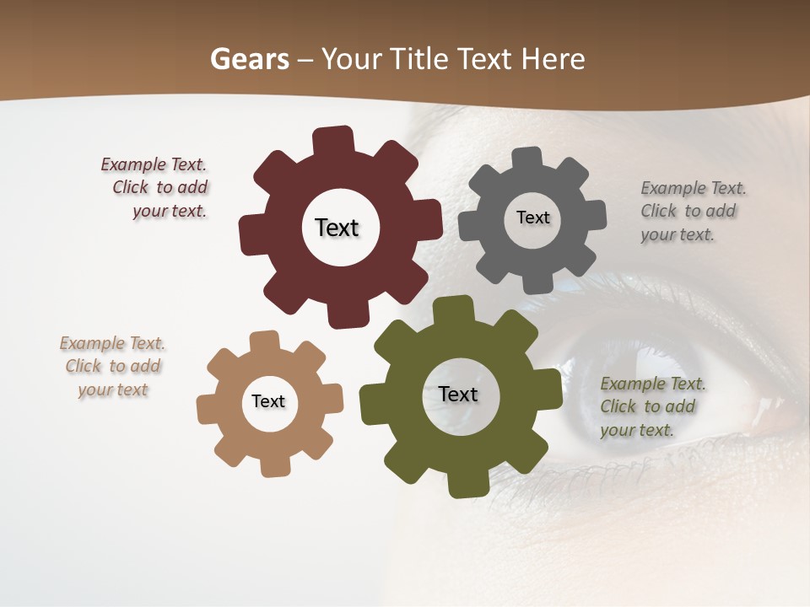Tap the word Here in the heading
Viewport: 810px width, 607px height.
point(553,59)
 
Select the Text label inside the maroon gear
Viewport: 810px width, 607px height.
point(337,228)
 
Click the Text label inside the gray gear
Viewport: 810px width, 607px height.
point(532,218)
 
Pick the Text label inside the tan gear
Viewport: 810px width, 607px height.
point(268,402)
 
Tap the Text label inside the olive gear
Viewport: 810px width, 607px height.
point(458,395)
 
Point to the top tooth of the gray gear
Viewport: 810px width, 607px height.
point(527,158)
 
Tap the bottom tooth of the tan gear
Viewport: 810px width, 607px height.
point(274,466)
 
